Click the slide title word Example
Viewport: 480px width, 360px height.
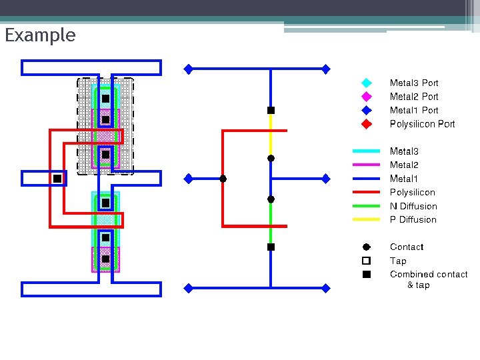click(40, 35)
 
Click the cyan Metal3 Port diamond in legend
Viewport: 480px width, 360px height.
click(366, 83)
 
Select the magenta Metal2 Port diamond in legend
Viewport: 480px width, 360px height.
click(366, 97)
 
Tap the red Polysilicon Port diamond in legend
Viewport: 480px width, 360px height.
click(366, 124)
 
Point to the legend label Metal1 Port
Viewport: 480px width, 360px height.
click(413, 111)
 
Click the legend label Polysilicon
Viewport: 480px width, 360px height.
click(412, 193)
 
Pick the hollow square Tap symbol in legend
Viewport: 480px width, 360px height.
click(366, 261)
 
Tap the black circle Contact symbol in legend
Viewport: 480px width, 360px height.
click(366, 247)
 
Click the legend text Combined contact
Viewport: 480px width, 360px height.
click(428, 275)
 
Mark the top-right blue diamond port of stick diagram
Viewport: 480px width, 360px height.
click(326, 68)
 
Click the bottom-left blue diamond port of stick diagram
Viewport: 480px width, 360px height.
click(189, 288)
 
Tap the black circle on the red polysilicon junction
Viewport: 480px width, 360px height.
click(223, 179)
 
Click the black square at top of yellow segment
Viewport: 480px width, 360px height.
click(271, 110)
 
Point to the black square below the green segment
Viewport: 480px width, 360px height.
click(271, 247)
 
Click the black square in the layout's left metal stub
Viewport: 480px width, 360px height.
click(57, 179)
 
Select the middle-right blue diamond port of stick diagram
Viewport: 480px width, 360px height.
click(326, 179)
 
